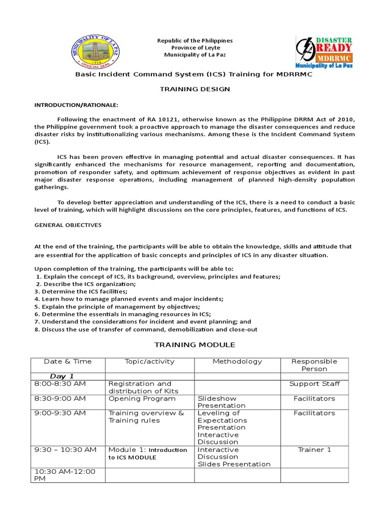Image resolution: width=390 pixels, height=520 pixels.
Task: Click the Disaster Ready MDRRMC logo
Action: pyautogui.click(x=324, y=51)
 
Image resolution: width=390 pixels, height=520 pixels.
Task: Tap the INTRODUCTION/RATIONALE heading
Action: pyautogui.click(x=76, y=105)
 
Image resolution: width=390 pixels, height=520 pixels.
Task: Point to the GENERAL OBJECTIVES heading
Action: pyautogui.click(x=68, y=224)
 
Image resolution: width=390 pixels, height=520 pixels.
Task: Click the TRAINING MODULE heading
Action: pyautogui.click(x=194, y=345)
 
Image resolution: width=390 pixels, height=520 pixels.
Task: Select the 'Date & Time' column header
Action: pyautogui.click(x=68, y=362)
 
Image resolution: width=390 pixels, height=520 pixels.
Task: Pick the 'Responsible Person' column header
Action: pyautogui.click(x=314, y=365)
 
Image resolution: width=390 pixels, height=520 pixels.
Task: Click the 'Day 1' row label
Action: pyautogui.click(x=61, y=376)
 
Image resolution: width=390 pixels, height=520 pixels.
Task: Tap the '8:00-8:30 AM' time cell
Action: pyautogui.click(x=60, y=384)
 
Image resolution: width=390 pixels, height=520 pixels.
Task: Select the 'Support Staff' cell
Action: pyautogui.click(x=314, y=384)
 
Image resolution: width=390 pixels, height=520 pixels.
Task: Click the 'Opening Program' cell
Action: pyautogui.click(x=135, y=399)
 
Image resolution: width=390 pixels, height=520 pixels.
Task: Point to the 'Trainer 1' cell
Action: pyautogui.click(x=314, y=450)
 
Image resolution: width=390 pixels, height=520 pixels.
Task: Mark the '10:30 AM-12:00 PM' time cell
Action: pyautogui.click(x=64, y=475)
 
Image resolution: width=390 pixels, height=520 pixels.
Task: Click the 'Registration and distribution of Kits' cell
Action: pyautogui.click(x=140, y=387)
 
